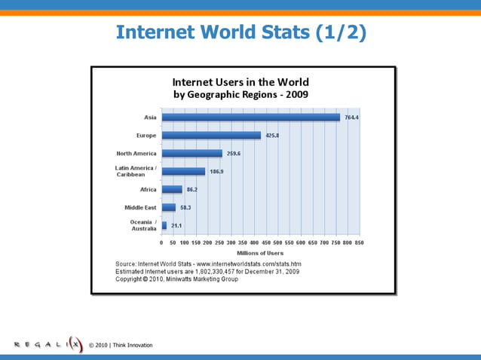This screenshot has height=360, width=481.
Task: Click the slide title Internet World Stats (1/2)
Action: coord(240,32)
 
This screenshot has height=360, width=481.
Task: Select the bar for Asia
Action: coord(250,117)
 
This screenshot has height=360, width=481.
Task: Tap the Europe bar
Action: coord(211,136)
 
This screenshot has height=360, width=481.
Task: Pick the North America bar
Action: coord(191,154)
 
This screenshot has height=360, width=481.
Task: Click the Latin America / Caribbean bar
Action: coord(183,172)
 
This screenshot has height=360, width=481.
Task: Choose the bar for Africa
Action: coord(172,190)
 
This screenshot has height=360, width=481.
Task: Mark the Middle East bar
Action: coord(169,207)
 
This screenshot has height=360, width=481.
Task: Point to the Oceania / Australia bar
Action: coord(164,225)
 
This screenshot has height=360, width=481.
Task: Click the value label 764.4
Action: coord(352,117)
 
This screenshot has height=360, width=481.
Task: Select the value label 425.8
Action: coord(273,136)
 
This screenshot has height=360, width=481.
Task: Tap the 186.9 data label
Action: coord(216,172)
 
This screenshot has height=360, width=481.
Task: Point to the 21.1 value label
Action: coord(176,225)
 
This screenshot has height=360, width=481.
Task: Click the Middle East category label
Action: coord(140,207)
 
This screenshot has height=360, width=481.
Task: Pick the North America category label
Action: coord(136,154)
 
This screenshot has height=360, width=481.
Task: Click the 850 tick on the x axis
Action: coord(360,243)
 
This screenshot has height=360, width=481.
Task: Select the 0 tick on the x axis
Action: coord(162,243)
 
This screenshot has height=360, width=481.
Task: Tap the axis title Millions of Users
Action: coord(260,253)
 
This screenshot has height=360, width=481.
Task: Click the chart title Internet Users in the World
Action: coord(240,81)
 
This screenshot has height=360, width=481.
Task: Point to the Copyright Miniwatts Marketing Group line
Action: coord(176,279)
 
